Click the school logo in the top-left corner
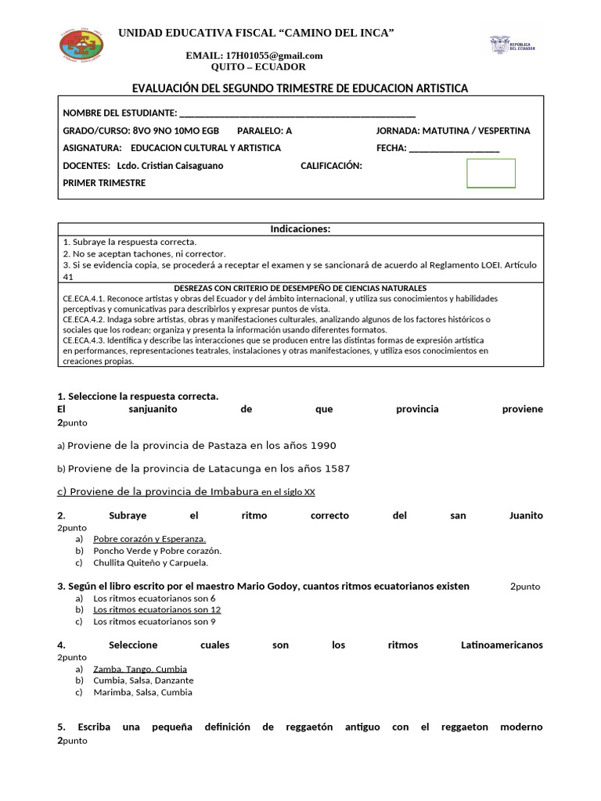tap(81, 43)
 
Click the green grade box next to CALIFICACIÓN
tap(491, 173)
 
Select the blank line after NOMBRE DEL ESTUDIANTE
tap(297, 113)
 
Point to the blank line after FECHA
tap(454, 148)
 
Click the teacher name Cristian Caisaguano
tap(180, 166)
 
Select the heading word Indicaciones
tap(300, 229)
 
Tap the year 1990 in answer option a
tap(323, 446)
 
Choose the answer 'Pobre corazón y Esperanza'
tap(149, 539)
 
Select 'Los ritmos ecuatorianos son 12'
tap(157, 609)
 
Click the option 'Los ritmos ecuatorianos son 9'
tap(154, 622)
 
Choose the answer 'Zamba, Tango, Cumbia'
tap(140, 669)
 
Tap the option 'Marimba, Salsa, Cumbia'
tap(142, 692)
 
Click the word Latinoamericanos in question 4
tap(502, 645)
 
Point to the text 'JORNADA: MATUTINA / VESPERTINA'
tap(453, 131)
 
